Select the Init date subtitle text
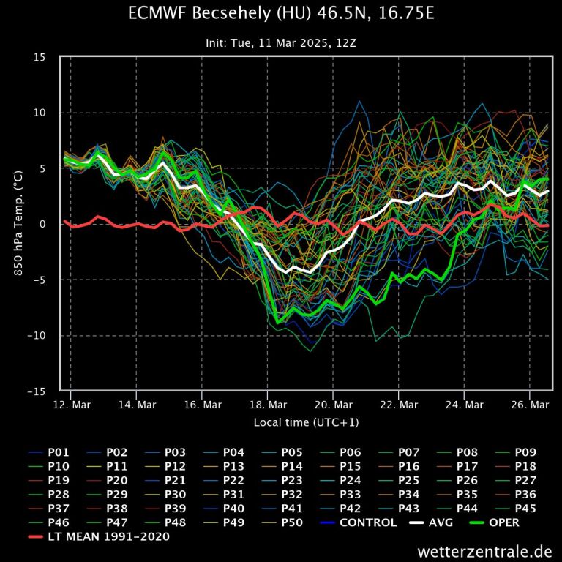(x=281, y=43)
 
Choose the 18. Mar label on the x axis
(x=267, y=405)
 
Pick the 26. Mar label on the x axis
(x=528, y=405)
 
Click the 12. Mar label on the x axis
(x=72, y=405)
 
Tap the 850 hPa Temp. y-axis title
(x=19, y=224)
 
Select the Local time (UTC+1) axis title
(x=306, y=422)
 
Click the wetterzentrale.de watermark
(x=485, y=551)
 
